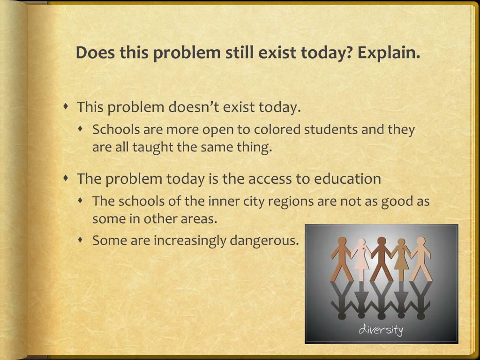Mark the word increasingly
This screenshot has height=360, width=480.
pos(191,241)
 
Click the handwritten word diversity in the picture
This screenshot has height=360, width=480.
pos(381,330)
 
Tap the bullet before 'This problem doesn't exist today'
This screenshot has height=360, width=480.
pos(67,106)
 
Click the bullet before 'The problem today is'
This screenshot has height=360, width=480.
pos(67,178)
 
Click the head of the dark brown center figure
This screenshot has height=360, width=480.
pos(382,242)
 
